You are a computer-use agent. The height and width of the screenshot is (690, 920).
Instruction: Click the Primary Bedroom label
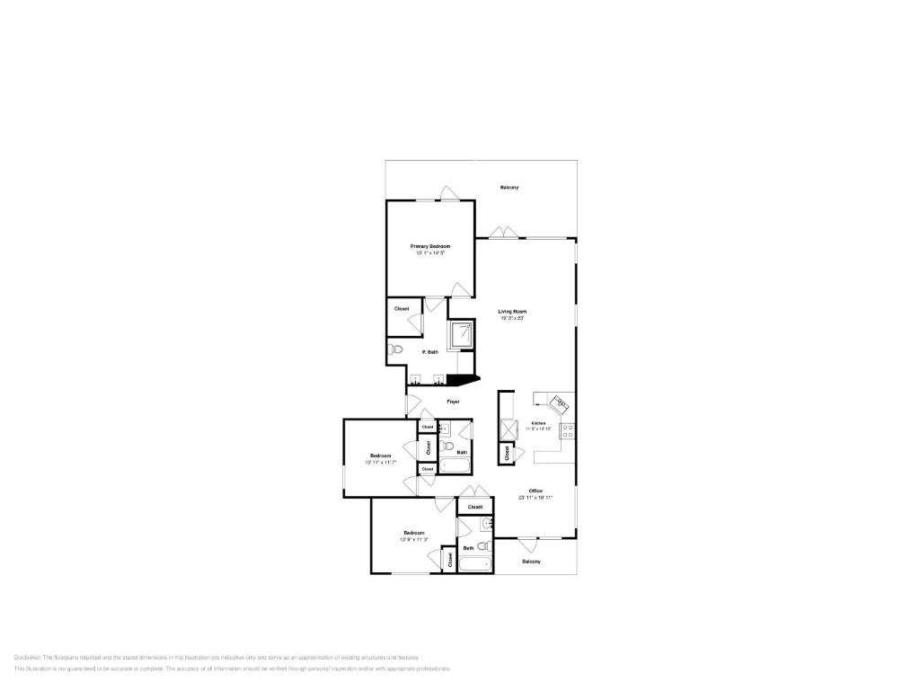(x=430, y=246)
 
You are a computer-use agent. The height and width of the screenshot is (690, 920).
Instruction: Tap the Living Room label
(x=512, y=312)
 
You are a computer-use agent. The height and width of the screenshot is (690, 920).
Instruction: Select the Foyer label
(x=454, y=402)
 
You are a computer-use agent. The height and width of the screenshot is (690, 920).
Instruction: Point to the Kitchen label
(x=538, y=422)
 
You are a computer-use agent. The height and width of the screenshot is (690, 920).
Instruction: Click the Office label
(x=535, y=491)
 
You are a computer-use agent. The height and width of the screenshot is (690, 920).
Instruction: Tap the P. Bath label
(x=430, y=352)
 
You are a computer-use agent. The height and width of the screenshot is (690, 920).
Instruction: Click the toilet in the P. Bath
(x=396, y=350)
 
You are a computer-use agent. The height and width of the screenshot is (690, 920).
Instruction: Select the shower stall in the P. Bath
(x=462, y=334)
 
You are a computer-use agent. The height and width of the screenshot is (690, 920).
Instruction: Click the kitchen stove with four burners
(x=568, y=430)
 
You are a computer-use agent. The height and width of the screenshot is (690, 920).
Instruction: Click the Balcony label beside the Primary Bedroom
(x=509, y=187)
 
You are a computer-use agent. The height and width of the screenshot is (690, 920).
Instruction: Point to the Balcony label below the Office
(x=532, y=562)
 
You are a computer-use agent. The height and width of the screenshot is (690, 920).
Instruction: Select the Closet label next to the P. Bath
(x=402, y=309)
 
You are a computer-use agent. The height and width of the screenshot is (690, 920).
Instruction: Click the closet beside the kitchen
(x=508, y=455)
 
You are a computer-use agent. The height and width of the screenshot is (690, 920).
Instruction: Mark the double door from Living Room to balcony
(x=504, y=234)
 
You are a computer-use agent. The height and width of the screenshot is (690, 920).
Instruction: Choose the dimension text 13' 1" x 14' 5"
(x=430, y=253)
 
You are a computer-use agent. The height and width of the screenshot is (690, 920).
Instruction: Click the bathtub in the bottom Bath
(x=475, y=565)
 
